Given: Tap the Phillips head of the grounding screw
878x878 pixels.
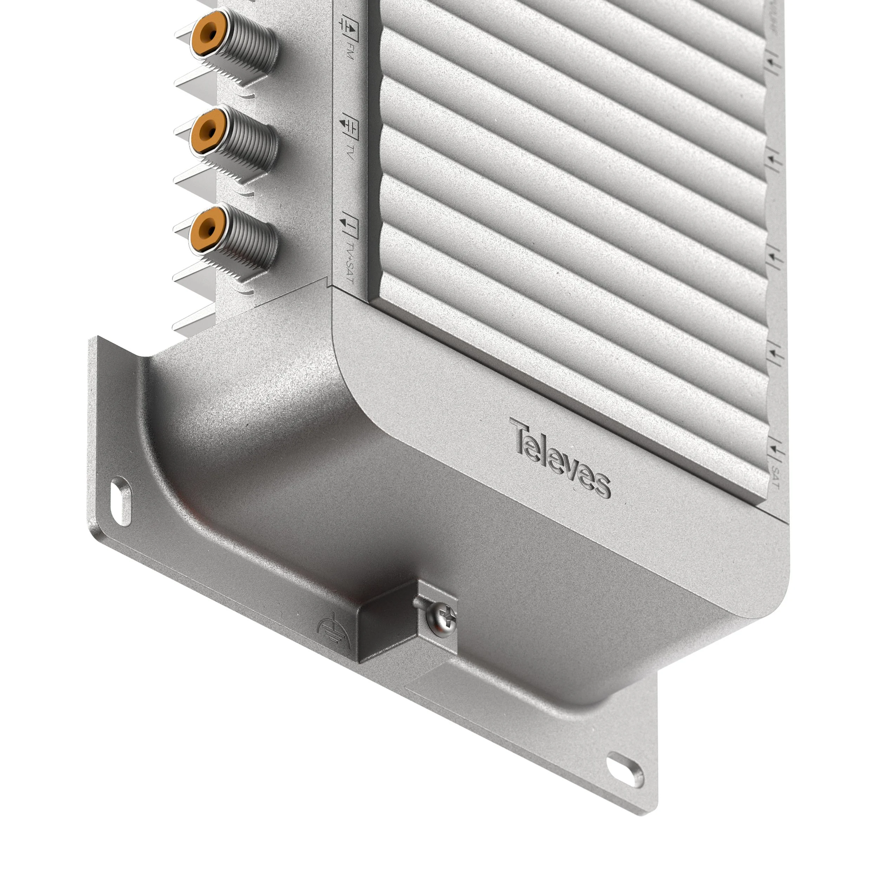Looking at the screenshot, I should click(444, 619).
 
